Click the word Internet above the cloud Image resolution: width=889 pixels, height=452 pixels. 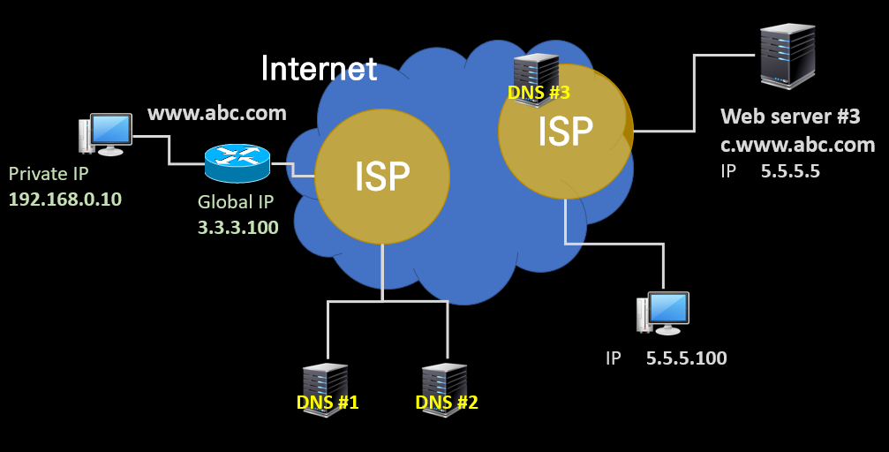[x=320, y=69]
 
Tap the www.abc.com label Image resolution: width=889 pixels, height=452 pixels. [x=217, y=113]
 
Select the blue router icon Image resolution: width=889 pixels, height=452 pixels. [x=237, y=162]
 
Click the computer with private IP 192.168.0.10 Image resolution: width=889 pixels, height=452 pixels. [x=105, y=134]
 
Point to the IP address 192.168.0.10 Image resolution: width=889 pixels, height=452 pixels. [x=65, y=199]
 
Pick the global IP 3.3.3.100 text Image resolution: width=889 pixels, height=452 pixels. [x=238, y=228]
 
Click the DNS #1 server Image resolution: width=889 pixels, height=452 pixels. [x=326, y=390]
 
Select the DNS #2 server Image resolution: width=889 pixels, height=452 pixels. [x=445, y=390]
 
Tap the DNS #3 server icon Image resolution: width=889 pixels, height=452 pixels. [x=537, y=79]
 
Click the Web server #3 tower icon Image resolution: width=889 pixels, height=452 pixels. [x=787, y=56]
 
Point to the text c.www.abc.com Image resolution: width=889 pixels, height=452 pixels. [x=798, y=145]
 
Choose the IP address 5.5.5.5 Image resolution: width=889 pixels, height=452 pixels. [x=790, y=171]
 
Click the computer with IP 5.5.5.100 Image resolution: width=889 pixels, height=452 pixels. [x=663, y=313]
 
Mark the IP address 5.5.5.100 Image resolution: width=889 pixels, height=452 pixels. [x=687, y=358]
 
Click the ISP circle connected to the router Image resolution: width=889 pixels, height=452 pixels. [x=382, y=177]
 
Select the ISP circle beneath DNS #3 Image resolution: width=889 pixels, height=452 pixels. [x=565, y=132]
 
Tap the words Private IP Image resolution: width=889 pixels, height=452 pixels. [x=49, y=174]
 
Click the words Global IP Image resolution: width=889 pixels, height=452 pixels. [x=236, y=202]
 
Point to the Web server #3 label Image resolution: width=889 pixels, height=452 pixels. [x=790, y=117]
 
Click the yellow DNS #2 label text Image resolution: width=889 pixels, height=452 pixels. [x=447, y=402]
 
